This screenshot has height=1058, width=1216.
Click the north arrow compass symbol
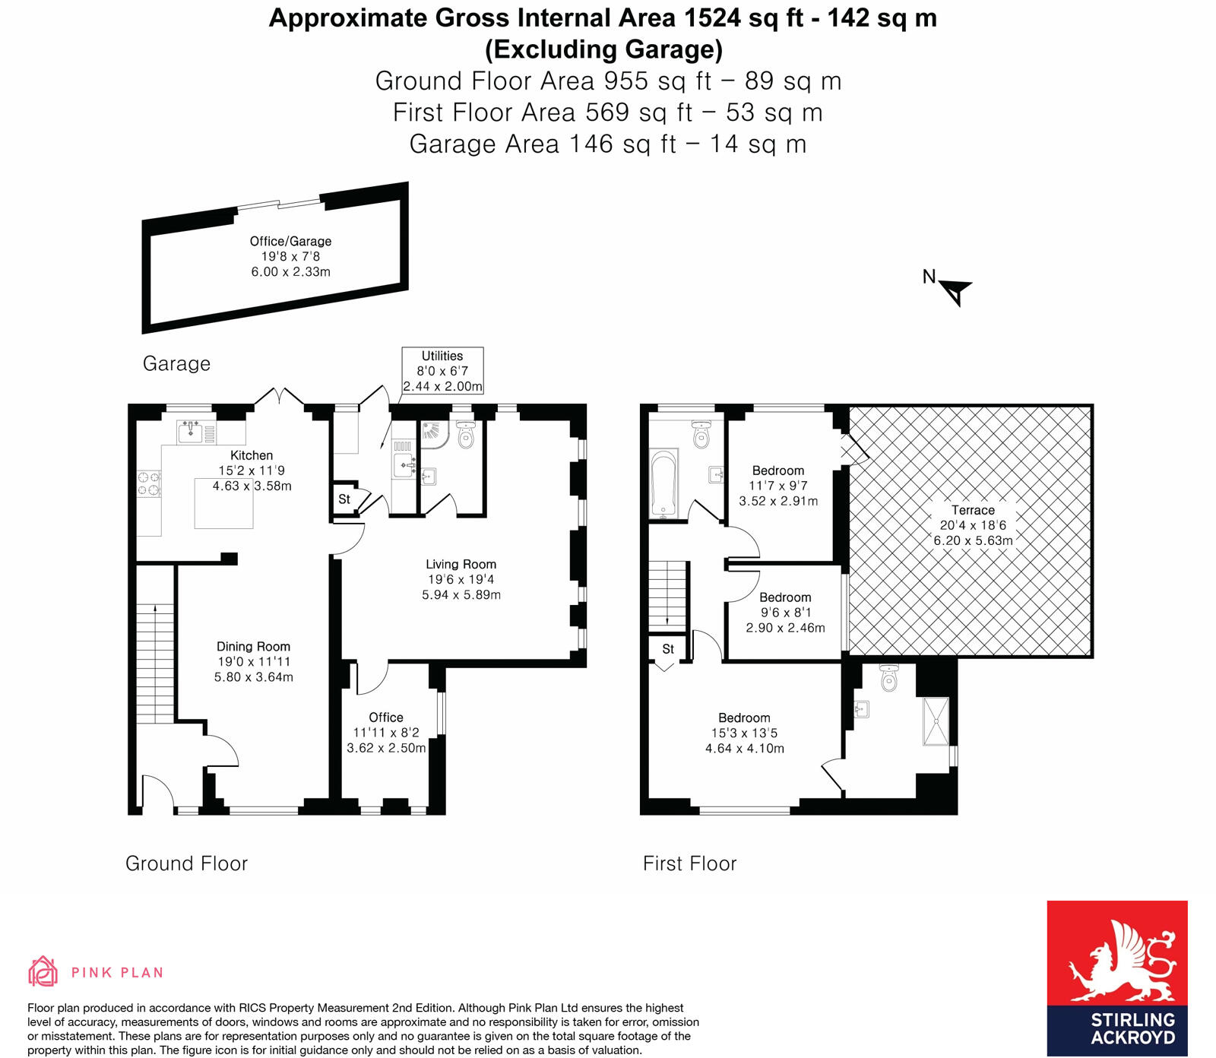pyautogui.click(x=955, y=290)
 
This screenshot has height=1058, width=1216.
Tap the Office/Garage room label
pyautogui.click(x=290, y=242)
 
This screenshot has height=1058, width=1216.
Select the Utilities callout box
pyautogui.click(x=442, y=371)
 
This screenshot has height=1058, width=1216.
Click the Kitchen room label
pyautogui.click(x=252, y=455)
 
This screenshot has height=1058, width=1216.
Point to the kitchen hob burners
pyautogui.click(x=149, y=484)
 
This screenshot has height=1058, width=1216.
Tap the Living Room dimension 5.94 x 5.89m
pyautogui.click(x=461, y=594)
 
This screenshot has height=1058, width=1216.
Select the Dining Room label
pyautogui.click(x=253, y=647)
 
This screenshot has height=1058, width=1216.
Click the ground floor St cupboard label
pyautogui.click(x=344, y=499)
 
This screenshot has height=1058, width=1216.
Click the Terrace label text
pyautogui.click(x=973, y=510)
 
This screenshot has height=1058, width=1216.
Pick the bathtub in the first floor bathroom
pyautogui.click(x=663, y=484)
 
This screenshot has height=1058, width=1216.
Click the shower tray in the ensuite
pyautogui.click(x=936, y=720)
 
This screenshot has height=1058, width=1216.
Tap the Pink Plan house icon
pyautogui.click(x=43, y=971)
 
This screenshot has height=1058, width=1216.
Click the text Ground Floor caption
pyautogui.click(x=186, y=863)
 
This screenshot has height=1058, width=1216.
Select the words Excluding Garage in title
pyautogui.click(x=604, y=49)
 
